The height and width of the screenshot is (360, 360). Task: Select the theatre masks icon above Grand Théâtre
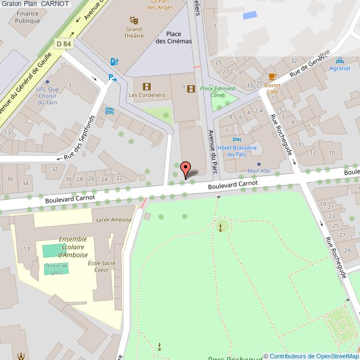click(x=133, y=19)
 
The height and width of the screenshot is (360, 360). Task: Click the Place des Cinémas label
click(x=173, y=37)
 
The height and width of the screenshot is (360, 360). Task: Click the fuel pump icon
click(x=114, y=61)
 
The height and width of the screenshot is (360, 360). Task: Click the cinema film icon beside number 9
click(x=191, y=88)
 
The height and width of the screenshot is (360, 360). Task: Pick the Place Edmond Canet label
click(x=217, y=91)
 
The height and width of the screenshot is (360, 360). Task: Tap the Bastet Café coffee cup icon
click(x=272, y=76)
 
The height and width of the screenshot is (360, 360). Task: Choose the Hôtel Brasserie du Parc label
click(x=237, y=151)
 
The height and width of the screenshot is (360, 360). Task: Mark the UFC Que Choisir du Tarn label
click(x=47, y=95)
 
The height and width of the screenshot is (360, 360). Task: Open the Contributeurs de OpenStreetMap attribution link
click(x=313, y=356)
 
